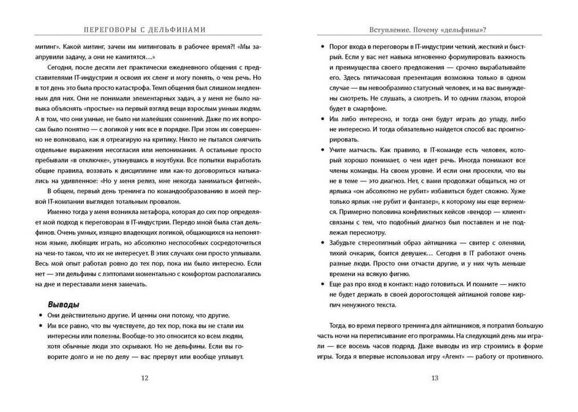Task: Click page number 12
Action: coord(144,378)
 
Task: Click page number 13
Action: coord(435,378)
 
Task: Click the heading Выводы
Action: coord(63,304)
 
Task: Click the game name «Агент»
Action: coord(442,356)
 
